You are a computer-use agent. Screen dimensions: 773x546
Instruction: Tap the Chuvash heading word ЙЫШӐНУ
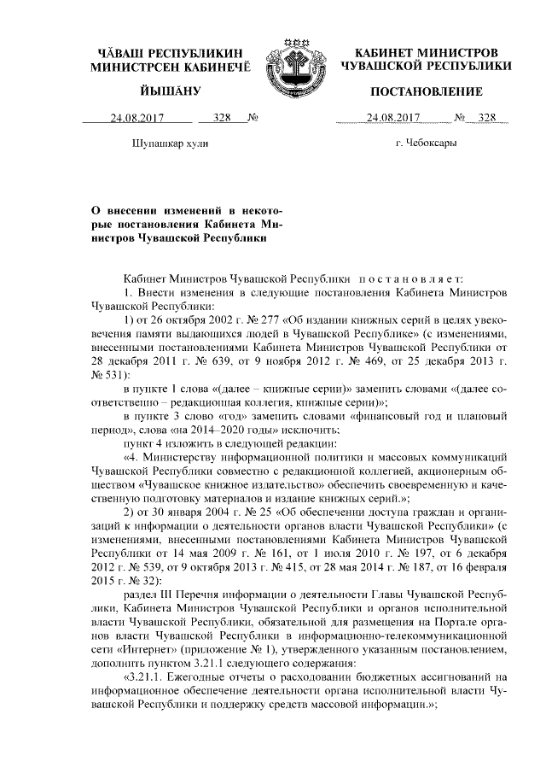pos(171,91)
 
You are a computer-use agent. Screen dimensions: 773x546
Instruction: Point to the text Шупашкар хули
pos(171,143)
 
